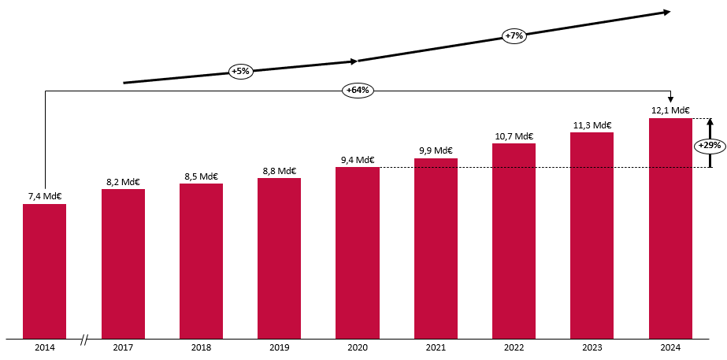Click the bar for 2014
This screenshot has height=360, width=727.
pyautogui.click(x=44, y=271)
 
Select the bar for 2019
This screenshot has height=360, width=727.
pyautogui.click(x=279, y=258)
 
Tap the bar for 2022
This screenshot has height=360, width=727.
pyautogui.click(x=514, y=241)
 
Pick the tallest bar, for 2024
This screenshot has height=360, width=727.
pyautogui.click(x=670, y=228)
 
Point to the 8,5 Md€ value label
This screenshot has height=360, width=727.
pyautogui.click(x=201, y=176)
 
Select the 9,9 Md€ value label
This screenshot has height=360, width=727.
pyautogui.click(x=436, y=150)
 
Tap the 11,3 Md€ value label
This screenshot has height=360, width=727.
pyautogui.click(x=592, y=124)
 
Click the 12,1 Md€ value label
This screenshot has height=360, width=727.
pyautogui.click(x=670, y=110)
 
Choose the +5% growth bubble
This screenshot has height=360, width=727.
pyautogui.click(x=240, y=71)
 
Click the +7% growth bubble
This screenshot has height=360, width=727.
pyautogui.click(x=514, y=35)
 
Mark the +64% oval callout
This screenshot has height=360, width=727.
pyautogui.click(x=358, y=90)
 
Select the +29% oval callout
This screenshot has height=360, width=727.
pyautogui.click(x=710, y=146)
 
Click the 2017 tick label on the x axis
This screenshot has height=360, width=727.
pyautogui.click(x=123, y=347)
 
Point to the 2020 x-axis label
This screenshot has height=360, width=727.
pyautogui.click(x=358, y=347)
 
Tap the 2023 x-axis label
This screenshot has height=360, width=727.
pyautogui.click(x=592, y=347)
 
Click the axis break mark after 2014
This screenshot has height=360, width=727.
pyautogui.click(x=84, y=340)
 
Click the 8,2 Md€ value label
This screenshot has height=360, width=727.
pyautogui.click(x=123, y=182)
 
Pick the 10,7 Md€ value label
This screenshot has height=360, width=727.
pyautogui.click(x=514, y=136)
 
